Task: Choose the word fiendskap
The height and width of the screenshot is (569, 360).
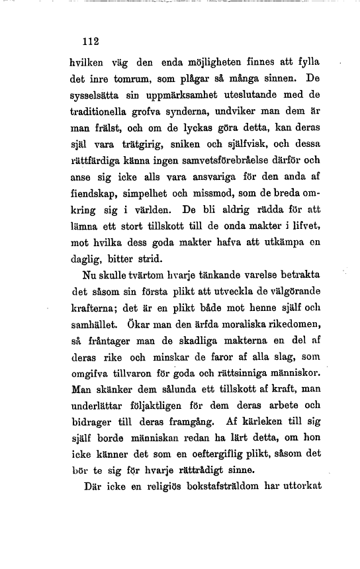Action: click(93, 193)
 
